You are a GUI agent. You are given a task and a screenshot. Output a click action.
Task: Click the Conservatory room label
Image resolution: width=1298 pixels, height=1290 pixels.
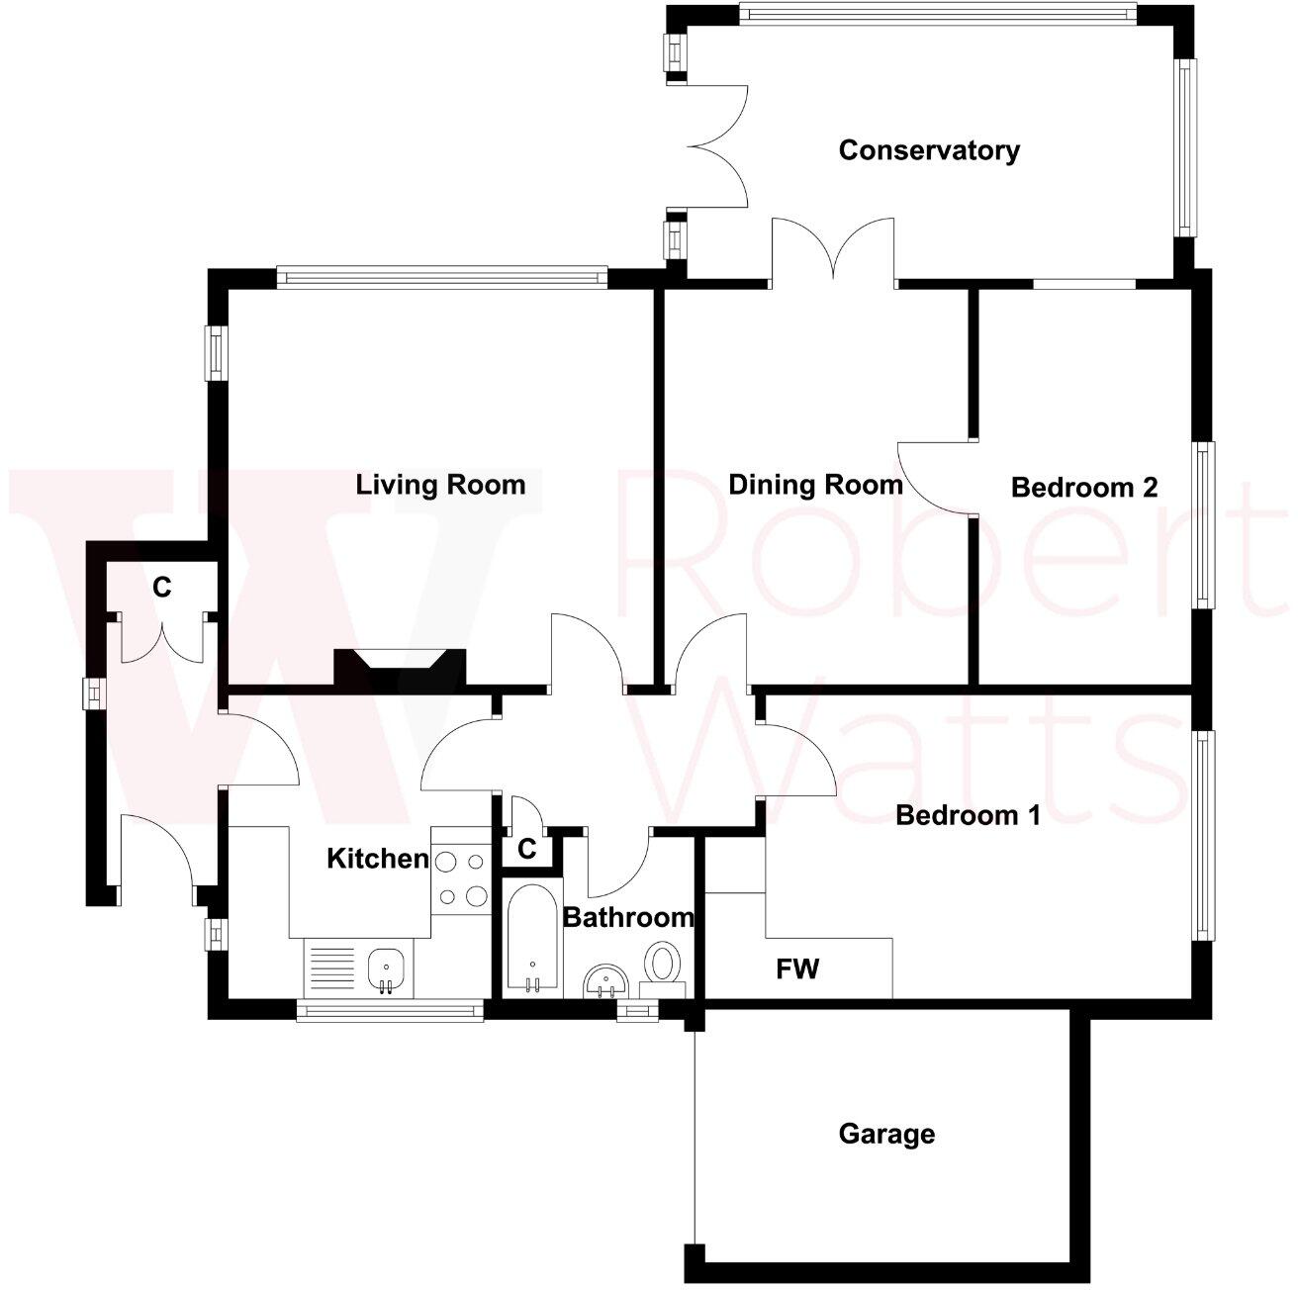click(x=928, y=150)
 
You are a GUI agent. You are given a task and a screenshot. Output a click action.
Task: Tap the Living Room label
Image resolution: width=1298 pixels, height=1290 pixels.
click(x=440, y=485)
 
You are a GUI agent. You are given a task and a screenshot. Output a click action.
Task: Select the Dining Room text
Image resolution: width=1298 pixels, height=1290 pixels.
click(x=815, y=485)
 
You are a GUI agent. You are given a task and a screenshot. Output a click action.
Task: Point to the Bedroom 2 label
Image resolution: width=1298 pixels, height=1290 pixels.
click(x=1083, y=487)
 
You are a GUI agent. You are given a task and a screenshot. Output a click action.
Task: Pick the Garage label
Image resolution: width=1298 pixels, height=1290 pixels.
click(x=886, y=1134)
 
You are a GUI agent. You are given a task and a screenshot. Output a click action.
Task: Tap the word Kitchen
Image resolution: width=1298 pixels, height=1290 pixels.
click(x=378, y=859)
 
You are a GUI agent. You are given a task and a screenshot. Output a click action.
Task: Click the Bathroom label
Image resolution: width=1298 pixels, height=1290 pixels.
click(x=628, y=918)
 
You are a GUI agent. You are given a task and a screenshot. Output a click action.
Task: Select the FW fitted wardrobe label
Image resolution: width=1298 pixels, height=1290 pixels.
click(x=797, y=969)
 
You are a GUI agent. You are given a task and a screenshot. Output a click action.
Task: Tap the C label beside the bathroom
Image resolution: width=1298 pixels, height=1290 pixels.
click(x=527, y=849)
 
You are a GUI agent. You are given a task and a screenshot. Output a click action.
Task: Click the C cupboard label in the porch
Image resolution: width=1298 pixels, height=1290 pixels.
click(x=161, y=588)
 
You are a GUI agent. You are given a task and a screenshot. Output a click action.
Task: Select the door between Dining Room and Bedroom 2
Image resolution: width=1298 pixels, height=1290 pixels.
click(x=935, y=478)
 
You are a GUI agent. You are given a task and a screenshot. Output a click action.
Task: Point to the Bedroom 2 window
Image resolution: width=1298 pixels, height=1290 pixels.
click(x=1203, y=524)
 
